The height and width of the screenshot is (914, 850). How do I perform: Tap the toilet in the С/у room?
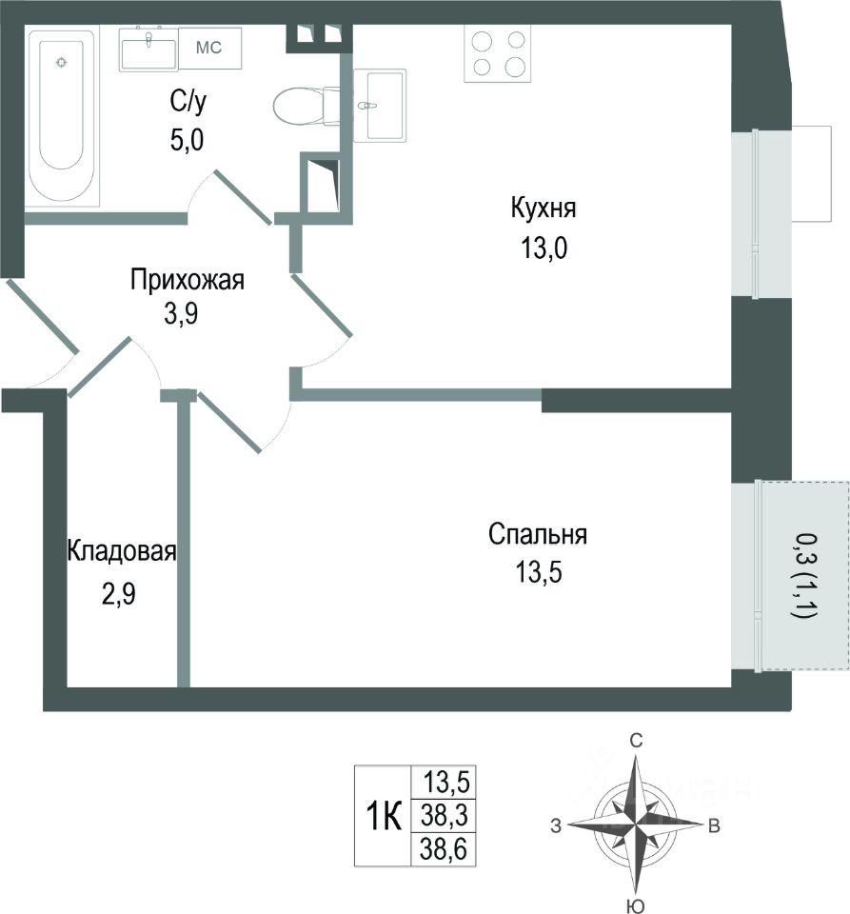point(306,106)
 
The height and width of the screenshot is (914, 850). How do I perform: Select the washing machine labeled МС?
point(209,48)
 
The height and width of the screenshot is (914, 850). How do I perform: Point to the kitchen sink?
point(380,106)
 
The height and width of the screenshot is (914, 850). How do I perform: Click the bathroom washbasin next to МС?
point(148,49)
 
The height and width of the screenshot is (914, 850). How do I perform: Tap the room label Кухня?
point(543,209)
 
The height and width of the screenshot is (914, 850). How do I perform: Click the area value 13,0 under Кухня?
point(544,248)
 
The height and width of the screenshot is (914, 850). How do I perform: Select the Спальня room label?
point(538,534)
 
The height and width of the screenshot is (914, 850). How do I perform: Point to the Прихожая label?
point(187,280)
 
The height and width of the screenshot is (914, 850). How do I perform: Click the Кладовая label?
point(122,551)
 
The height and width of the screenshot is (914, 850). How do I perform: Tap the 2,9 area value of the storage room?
point(119,594)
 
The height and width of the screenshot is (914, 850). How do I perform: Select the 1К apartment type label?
point(384,816)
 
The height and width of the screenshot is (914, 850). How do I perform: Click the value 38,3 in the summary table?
point(445,815)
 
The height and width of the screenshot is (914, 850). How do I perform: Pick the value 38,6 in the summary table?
point(444,849)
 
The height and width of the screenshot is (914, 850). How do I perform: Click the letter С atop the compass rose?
point(636,741)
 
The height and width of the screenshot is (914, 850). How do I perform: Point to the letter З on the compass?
point(556,825)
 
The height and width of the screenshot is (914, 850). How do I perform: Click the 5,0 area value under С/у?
point(187,141)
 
